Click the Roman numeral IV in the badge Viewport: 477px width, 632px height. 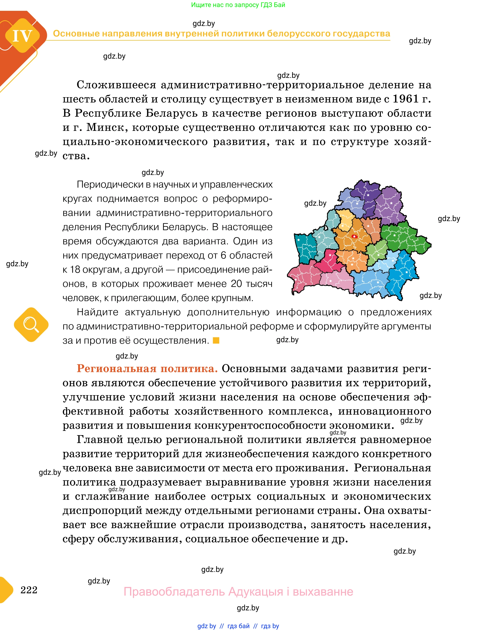tap(22, 36)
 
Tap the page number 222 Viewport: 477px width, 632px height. tap(29, 590)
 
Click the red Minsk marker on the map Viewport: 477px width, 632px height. tap(354, 236)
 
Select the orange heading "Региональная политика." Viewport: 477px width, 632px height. tap(147, 369)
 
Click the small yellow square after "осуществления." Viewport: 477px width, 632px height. tap(216, 340)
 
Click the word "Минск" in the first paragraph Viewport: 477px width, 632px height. tap(105, 127)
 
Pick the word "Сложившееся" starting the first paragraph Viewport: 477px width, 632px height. tap(116, 85)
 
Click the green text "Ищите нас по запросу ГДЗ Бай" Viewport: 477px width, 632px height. tap(238, 5)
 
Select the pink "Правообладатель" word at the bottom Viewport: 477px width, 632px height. tap(174, 591)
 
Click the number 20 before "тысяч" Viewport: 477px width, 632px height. tap(236, 284)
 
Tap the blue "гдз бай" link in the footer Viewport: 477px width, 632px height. tap(238, 626)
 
